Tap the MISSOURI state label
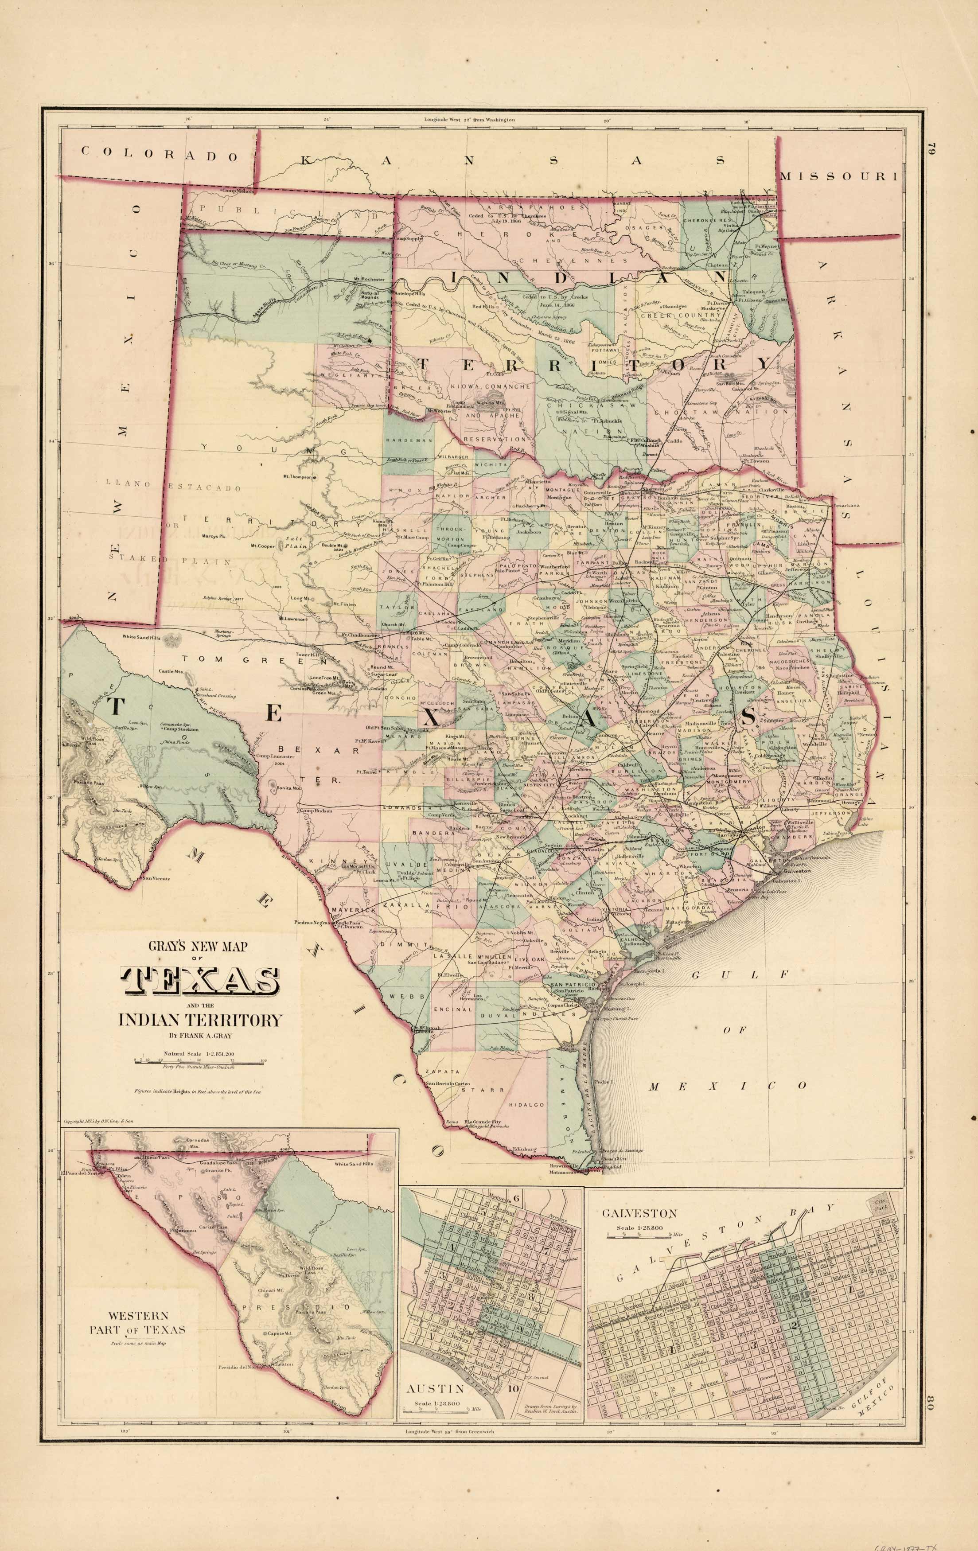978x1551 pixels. coord(838,175)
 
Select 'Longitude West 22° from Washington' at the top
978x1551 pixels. coord(470,120)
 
